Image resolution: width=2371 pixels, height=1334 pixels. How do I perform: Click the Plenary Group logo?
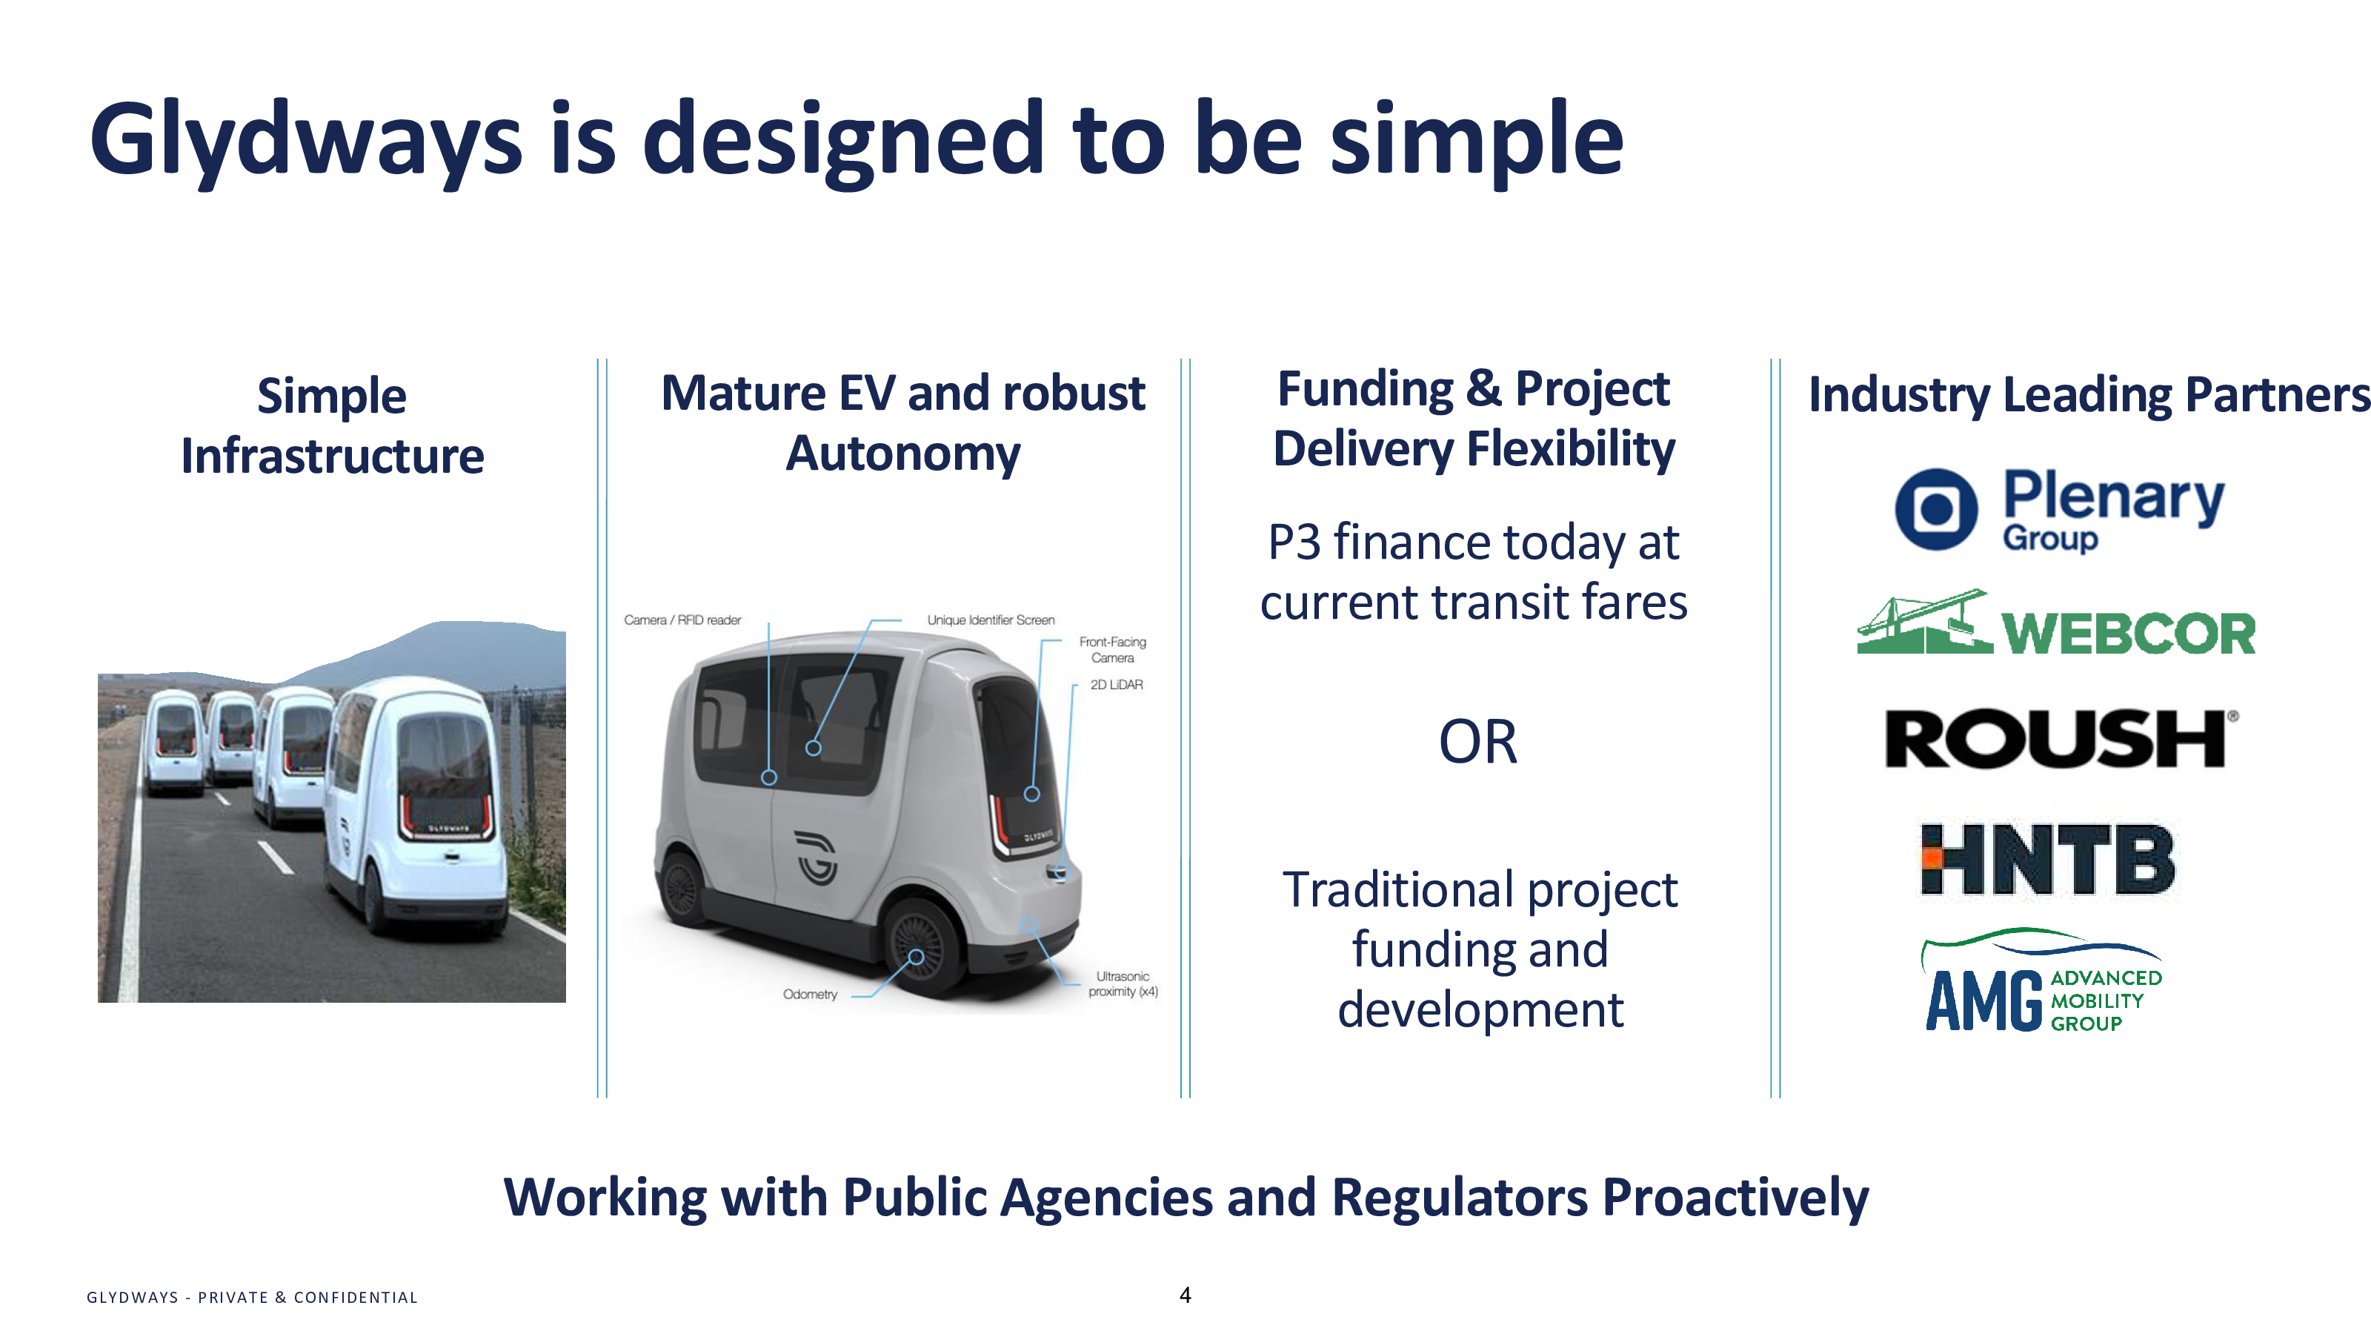(2060, 509)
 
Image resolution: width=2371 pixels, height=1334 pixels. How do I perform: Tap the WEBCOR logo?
(2056, 623)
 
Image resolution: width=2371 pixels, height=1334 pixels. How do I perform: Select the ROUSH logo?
(2062, 738)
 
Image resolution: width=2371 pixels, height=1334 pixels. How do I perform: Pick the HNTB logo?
(2047, 859)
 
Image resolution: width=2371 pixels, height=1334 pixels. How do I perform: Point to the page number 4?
(1185, 1295)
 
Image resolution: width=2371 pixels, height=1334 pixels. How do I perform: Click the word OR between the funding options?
(1477, 742)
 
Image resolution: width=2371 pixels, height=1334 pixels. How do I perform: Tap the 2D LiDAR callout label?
(1117, 685)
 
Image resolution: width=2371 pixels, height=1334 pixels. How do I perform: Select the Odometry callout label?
(810, 995)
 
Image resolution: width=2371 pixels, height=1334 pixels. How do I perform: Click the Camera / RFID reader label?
(682, 620)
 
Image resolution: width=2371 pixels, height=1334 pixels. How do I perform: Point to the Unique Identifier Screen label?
(991, 620)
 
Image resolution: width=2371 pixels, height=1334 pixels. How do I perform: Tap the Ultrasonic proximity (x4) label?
(1123, 984)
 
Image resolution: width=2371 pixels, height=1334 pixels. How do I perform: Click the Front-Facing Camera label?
(1113, 650)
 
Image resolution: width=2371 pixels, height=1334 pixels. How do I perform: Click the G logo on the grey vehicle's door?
(817, 857)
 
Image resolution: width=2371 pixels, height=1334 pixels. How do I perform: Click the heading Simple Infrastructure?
(332, 425)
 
